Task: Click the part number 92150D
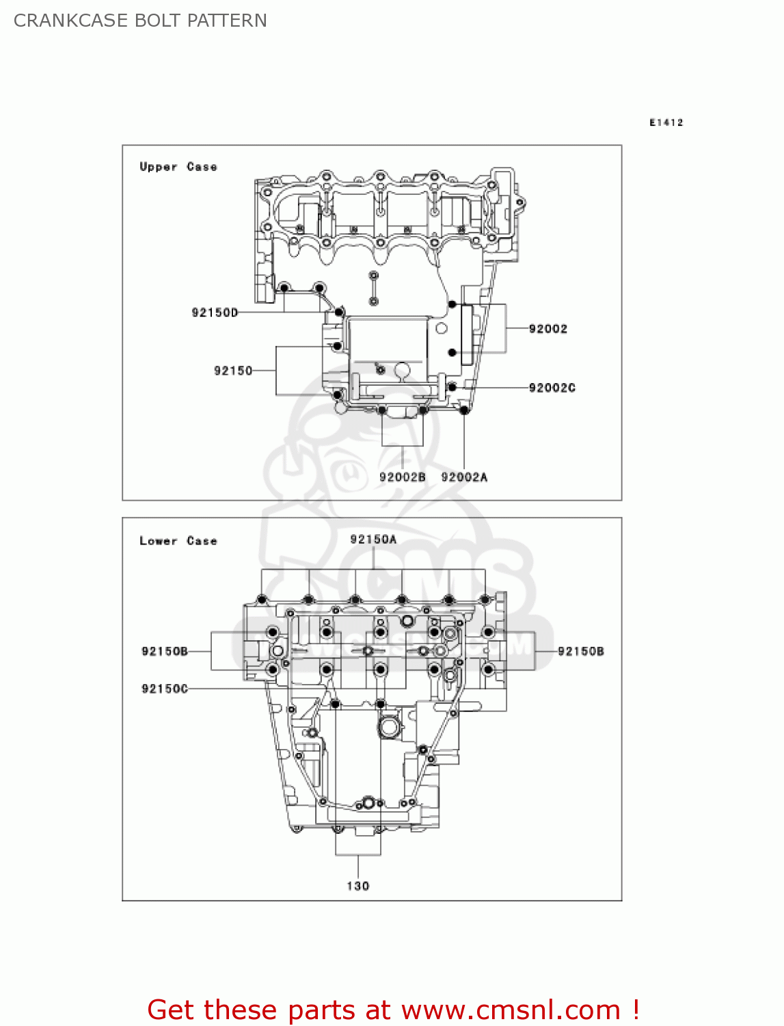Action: [215, 313]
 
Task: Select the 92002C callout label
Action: [552, 388]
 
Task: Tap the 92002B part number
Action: [402, 477]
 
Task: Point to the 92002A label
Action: [464, 477]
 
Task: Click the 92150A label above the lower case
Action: [373, 540]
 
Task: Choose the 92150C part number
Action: [165, 689]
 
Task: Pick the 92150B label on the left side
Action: [165, 651]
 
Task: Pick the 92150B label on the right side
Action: [581, 651]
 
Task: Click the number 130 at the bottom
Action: [358, 886]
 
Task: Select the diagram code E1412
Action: [666, 122]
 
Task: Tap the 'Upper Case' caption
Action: [178, 167]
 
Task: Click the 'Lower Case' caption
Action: [178, 541]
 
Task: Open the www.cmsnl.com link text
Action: [511, 1010]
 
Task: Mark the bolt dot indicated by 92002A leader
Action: [464, 410]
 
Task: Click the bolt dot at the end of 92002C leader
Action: [452, 387]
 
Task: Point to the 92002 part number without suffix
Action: [548, 329]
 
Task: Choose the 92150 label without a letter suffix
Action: [233, 371]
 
